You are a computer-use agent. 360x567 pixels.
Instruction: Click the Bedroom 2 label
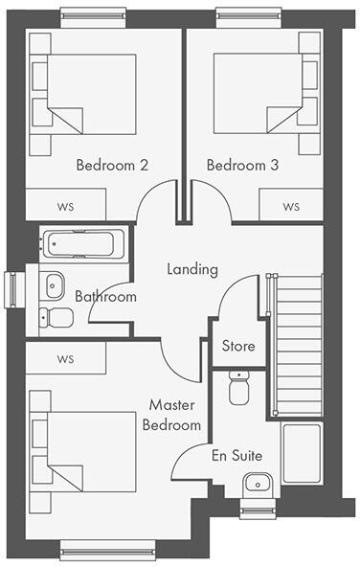[x=112, y=165]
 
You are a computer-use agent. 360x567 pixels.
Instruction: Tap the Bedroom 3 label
[x=242, y=165]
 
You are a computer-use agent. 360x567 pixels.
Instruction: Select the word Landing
[x=191, y=269]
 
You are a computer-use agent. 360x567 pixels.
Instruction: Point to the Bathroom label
[x=105, y=297]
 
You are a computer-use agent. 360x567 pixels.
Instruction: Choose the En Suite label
[x=236, y=456]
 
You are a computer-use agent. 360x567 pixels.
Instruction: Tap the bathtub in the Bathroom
[x=82, y=244]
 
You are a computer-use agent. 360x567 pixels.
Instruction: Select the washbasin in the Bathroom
[x=54, y=283]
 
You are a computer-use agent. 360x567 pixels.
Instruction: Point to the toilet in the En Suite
[x=238, y=386]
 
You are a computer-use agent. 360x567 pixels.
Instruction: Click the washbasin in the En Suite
[x=256, y=483]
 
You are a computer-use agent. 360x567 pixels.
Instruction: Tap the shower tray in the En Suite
[x=304, y=454]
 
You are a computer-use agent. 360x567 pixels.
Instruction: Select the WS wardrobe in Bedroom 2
[x=66, y=206]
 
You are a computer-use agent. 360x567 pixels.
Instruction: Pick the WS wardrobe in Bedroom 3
[x=290, y=206]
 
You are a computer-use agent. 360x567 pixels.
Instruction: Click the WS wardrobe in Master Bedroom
[x=66, y=359]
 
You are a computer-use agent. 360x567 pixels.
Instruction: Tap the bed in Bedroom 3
[x=259, y=91]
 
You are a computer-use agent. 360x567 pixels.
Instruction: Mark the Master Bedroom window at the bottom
[x=107, y=548]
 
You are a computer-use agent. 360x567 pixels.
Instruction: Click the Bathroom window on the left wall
[x=11, y=287]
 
